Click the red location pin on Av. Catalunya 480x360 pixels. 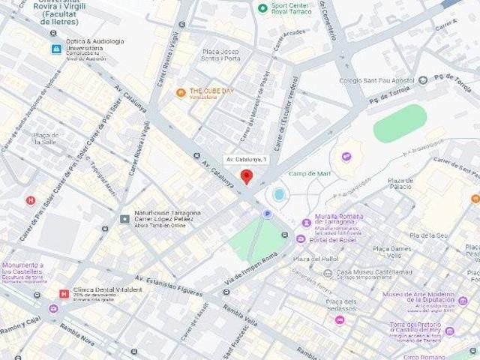pos(246,177)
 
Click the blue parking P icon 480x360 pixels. pos(266,214)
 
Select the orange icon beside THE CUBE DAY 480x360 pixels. pos(181,93)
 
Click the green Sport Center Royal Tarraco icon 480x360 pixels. pos(262,8)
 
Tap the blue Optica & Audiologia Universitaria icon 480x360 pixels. pos(55,49)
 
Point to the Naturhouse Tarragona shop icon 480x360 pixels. pos(124,218)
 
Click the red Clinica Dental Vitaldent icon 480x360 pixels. pos(64,294)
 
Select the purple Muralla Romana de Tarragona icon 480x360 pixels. pos(306,223)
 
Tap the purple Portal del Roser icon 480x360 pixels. pos(301,239)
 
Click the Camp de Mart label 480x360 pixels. pos(310,173)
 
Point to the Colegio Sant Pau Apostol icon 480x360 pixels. pos(423,80)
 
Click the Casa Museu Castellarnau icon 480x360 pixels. pos(326,273)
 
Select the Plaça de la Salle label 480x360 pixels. pos(46,138)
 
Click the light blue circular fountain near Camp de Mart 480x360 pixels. pos(279,195)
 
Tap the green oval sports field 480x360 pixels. pos(400,123)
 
